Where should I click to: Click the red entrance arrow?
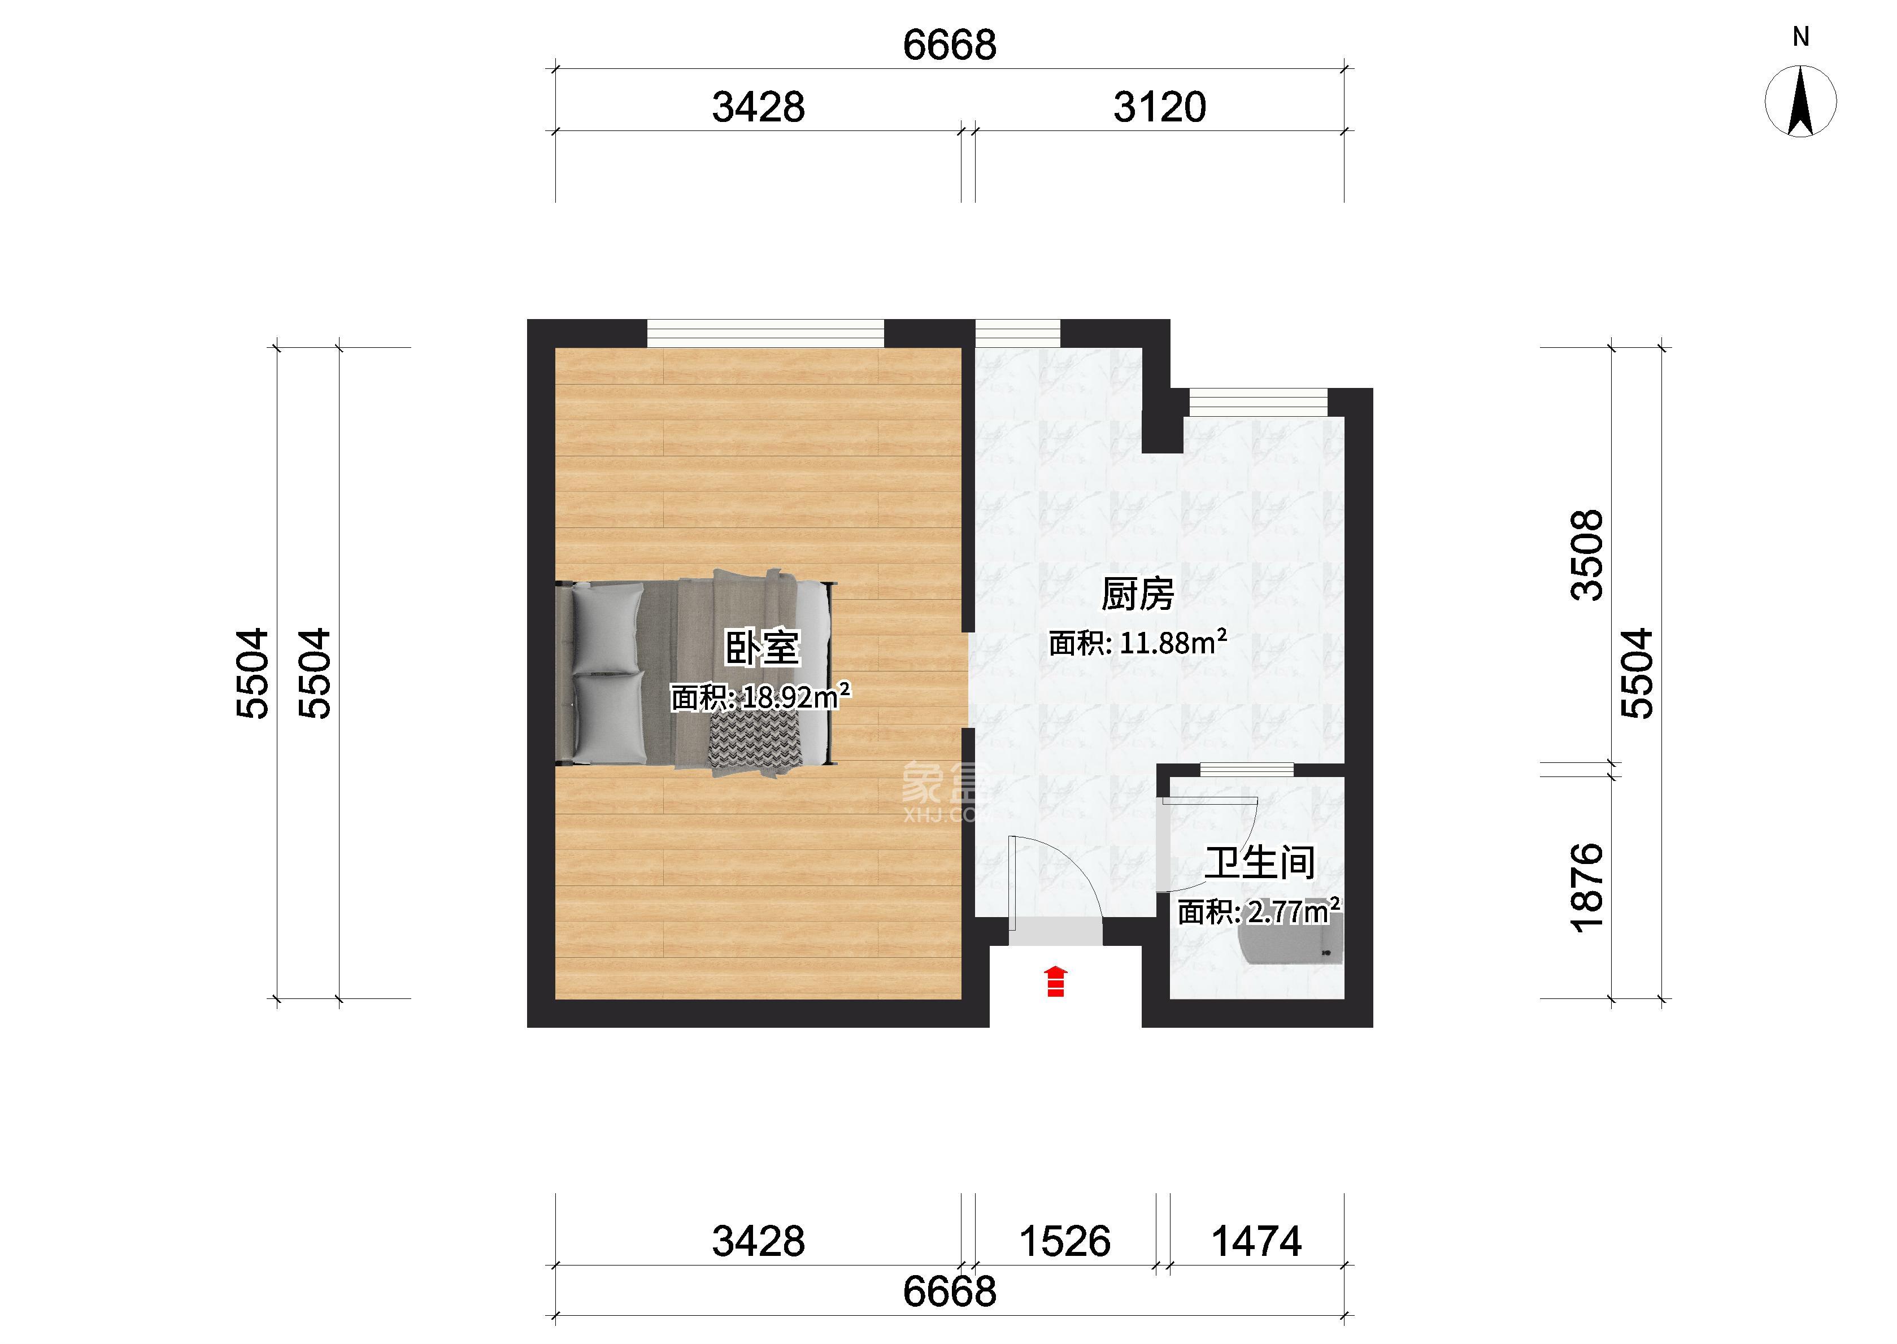tap(1055, 981)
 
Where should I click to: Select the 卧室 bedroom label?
tap(762, 648)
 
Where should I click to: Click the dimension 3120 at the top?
tap(1160, 108)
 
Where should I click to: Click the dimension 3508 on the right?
tap(1587, 555)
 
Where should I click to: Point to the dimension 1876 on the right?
tap(1587, 888)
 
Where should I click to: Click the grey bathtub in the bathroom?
tap(1290, 944)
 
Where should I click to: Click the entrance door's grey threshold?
tap(1055, 931)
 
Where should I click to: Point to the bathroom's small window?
tap(1246, 770)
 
